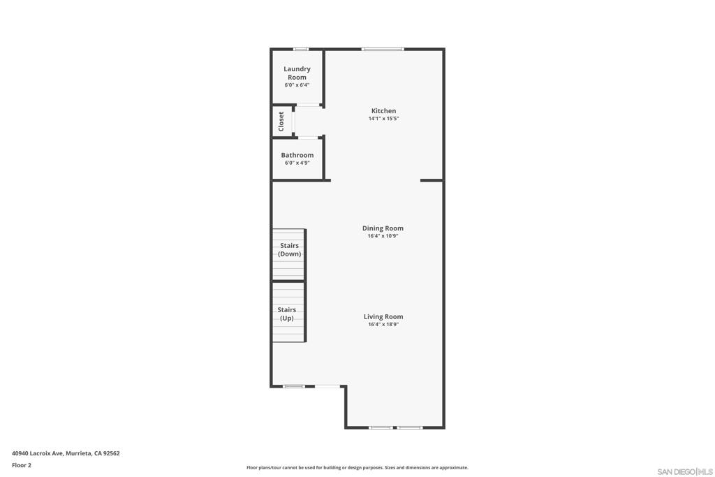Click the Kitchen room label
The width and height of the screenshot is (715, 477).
383,111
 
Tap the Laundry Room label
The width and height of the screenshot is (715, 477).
297,73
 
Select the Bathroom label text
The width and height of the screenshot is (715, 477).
297,155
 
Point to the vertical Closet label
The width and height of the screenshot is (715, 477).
281,122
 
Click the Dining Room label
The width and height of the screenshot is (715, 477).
383,228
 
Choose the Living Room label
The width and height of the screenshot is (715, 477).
383,316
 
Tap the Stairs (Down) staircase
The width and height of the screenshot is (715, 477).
288,254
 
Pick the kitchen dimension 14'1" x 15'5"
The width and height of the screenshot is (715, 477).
383,119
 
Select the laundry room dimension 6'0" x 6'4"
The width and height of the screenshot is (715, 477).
297,85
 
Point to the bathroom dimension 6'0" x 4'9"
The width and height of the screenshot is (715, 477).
297,163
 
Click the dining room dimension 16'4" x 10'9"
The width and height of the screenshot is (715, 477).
383,236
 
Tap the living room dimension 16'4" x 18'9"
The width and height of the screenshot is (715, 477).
383,324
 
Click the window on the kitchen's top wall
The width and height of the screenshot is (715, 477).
383,50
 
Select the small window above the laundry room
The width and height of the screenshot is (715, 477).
300,50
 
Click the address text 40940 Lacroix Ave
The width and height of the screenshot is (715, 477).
38,453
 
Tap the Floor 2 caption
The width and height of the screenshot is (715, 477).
22,465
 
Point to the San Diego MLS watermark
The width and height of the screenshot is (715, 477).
685,471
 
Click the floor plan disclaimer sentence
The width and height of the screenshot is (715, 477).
357,467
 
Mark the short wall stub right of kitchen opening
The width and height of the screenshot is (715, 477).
432,181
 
